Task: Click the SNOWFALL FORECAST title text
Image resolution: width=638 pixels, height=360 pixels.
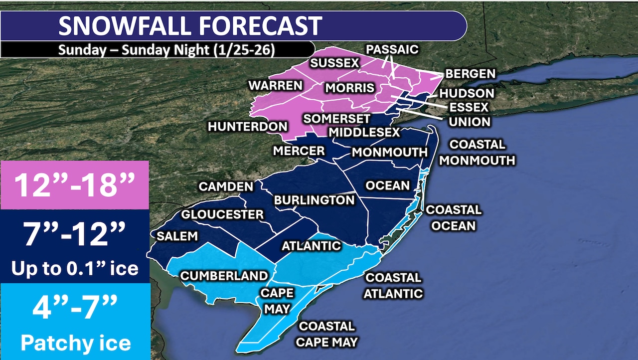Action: click(x=190, y=26)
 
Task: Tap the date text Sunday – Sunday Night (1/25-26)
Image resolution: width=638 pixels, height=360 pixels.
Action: click(x=166, y=50)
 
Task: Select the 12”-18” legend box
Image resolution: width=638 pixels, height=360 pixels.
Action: click(x=75, y=185)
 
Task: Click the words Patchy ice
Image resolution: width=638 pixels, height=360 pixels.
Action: click(x=75, y=343)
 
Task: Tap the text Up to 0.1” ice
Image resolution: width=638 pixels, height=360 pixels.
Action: click(x=75, y=268)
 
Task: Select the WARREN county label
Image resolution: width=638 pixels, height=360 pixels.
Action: click(x=276, y=85)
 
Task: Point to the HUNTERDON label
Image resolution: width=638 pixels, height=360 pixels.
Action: click(x=248, y=127)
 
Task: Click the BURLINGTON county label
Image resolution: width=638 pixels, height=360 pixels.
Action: click(x=314, y=200)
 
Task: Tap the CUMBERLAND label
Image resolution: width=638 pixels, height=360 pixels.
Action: click(x=224, y=276)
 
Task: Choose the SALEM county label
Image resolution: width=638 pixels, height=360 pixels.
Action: click(x=178, y=236)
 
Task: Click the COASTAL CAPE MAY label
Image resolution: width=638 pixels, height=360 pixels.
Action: click(x=326, y=334)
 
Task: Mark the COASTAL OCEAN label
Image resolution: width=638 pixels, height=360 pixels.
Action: click(x=454, y=217)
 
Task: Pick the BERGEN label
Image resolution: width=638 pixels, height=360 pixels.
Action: click(x=471, y=74)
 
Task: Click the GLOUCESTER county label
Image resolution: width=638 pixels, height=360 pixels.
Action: click(x=222, y=214)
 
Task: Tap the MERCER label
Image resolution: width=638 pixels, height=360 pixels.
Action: click(x=299, y=151)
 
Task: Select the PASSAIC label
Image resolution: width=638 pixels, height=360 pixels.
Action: click(x=392, y=49)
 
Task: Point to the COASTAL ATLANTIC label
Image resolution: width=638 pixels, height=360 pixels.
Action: click(x=393, y=285)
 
